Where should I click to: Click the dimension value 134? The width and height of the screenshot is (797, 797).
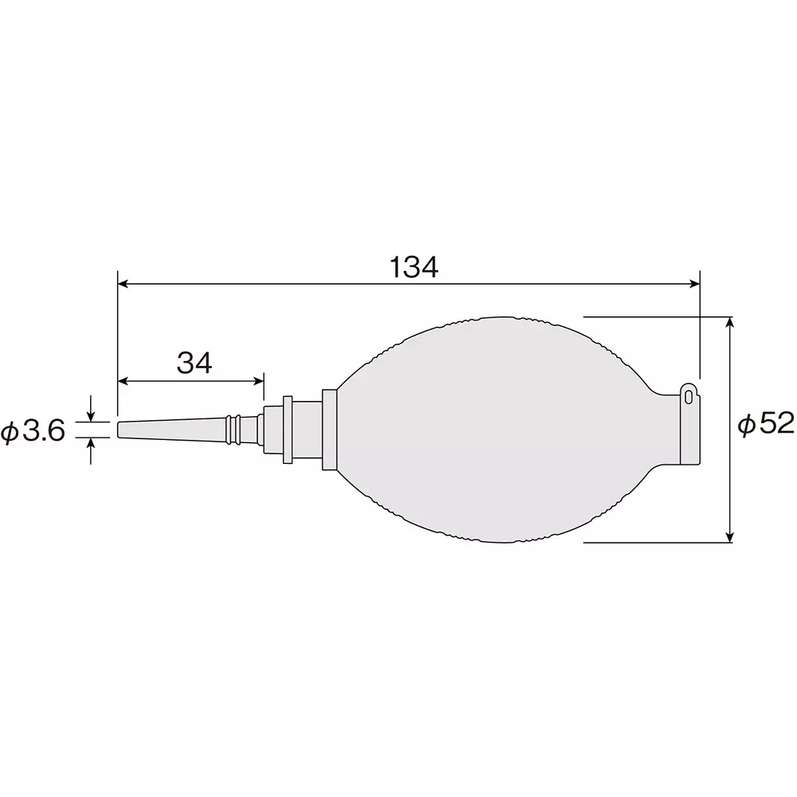(414, 268)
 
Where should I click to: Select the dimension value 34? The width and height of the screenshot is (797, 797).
(194, 363)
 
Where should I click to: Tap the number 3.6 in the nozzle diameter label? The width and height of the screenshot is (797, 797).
(43, 431)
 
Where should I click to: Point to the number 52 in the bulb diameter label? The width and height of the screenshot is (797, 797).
(776, 425)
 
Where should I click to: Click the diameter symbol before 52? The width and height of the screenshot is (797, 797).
(747, 426)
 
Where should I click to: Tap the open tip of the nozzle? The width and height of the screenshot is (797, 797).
(120, 430)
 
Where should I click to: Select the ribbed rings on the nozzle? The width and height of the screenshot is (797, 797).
(232, 430)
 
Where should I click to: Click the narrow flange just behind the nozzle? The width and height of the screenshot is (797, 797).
(287, 430)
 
